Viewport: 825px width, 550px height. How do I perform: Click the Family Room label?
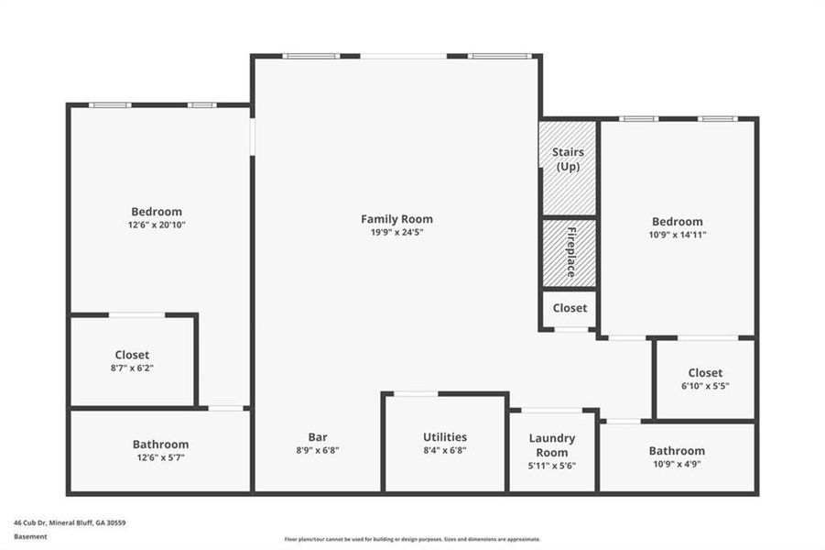(396, 219)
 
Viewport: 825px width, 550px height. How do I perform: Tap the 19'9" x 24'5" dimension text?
(396, 233)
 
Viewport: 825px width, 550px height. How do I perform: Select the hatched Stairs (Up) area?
(569, 167)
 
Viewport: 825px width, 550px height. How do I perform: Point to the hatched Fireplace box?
(570, 252)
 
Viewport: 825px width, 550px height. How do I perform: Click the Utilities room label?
(445, 437)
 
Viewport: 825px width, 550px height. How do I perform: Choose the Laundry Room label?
(552, 445)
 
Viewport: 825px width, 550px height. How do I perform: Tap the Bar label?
(318, 437)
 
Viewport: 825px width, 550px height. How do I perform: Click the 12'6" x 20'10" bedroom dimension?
(157, 225)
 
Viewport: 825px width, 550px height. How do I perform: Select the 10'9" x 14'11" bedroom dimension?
(678, 235)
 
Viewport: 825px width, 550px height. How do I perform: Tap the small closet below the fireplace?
(570, 308)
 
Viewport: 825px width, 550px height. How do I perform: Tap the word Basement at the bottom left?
(30, 536)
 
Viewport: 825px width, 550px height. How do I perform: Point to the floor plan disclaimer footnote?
(412, 539)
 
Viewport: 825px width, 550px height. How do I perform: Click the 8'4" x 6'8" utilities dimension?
(445, 451)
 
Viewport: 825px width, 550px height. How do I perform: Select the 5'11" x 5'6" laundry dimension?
(552, 466)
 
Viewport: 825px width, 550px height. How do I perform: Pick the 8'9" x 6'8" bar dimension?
(318, 451)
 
